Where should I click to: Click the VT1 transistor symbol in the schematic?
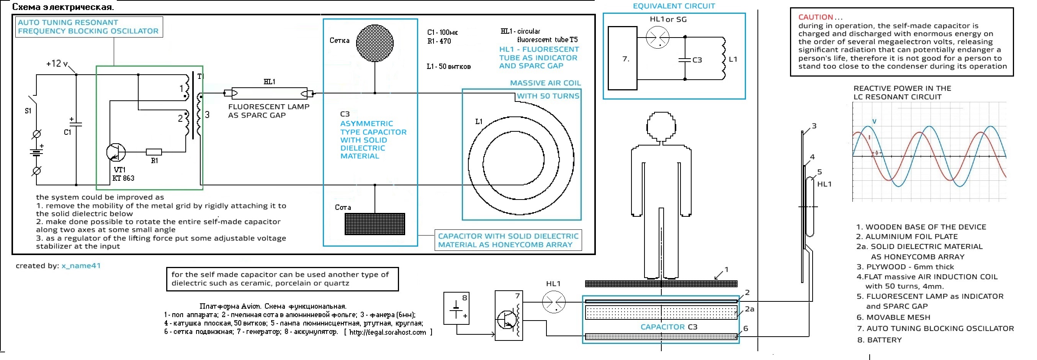click(x=116, y=152)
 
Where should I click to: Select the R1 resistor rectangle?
click(x=154, y=152)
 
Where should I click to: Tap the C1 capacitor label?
click(x=68, y=132)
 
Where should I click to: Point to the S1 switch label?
click(x=28, y=110)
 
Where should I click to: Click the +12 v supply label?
click(x=57, y=64)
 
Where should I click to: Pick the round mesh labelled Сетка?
click(x=375, y=43)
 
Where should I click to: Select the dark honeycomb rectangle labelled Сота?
click(x=375, y=224)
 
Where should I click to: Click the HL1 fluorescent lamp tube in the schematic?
click(x=269, y=93)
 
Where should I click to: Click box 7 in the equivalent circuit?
click(x=622, y=58)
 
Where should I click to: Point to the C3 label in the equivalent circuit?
click(x=697, y=60)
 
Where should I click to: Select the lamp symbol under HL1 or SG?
click(x=658, y=38)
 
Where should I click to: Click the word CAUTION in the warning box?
click(x=816, y=17)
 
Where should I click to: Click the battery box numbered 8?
click(x=456, y=308)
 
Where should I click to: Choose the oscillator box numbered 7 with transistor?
click(x=509, y=316)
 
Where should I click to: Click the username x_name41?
click(x=81, y=266)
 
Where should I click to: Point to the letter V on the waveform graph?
click(x=874, y=121)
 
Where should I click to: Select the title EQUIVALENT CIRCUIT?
click(x=674, y=6)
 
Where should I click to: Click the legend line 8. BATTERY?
click(x=879, y=340)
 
